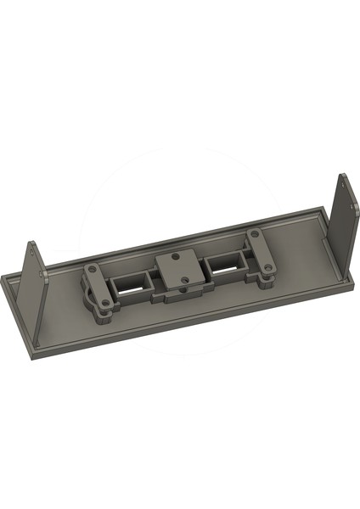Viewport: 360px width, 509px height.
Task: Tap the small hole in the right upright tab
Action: [343, 181]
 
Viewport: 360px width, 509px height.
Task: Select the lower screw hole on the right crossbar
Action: [269, 268]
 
